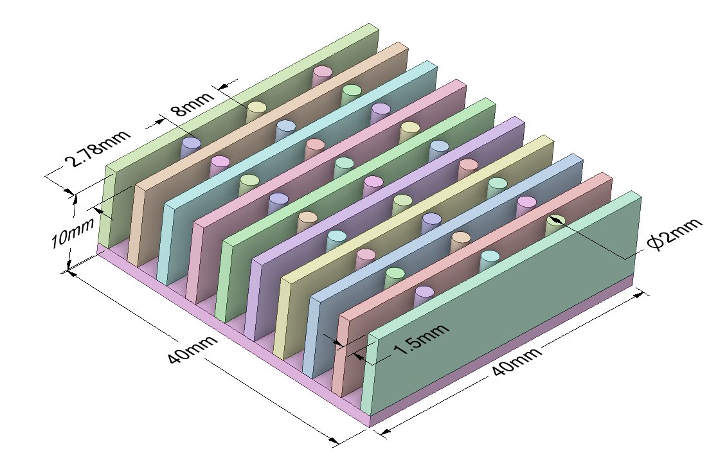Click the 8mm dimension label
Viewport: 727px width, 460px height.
point(183,105)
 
